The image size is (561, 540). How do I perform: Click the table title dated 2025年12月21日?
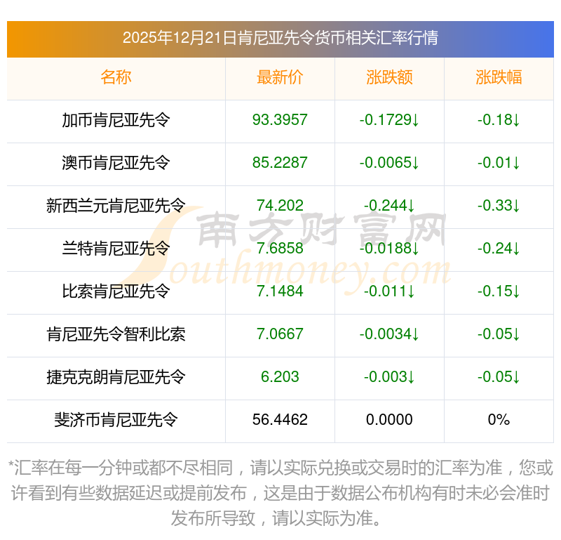tap(280, 38)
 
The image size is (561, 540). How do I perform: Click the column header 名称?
tap(116, 77)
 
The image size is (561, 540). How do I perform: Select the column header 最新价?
tap(280, 77)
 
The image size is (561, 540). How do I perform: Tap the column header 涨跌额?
tap(389, 77)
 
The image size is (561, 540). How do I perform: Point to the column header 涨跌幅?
tap(499, 77)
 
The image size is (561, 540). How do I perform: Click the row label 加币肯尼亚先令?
tap(116, 120)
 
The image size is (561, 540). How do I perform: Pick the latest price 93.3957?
tap(280, 120)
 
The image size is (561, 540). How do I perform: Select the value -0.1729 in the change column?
tap(389, 120)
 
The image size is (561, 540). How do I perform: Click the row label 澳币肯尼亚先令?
tap(116, 163)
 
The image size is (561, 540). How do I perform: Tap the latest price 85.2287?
tap(280, 163)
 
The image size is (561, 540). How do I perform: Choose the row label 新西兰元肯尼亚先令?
tap(116, 206)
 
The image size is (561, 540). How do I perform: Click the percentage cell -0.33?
tap(499, 206)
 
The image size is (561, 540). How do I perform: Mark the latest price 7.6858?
tap(280, 249)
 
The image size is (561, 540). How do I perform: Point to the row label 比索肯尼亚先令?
tap(116, 291)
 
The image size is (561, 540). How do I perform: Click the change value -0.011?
tap(389, 291)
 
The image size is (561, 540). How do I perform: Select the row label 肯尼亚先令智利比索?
tap(116, 334)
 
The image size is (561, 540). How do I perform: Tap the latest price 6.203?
tap(280, 377)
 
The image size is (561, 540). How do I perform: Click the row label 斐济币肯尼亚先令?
tap(116, 420)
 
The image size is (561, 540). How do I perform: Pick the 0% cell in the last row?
tap(499, 420)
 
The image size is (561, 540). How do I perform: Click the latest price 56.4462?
tap(280, 420)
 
